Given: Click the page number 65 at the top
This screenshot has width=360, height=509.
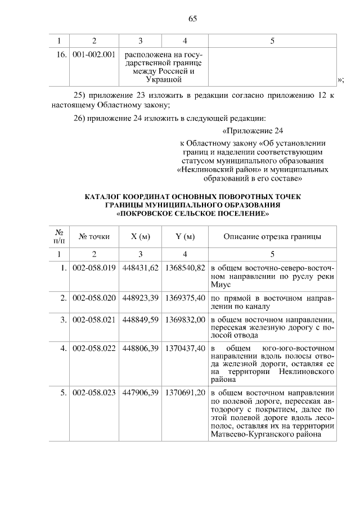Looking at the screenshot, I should (192, 19).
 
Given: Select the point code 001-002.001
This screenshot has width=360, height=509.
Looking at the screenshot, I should (94, 55).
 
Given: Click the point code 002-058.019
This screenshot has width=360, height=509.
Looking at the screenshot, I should (94, 268).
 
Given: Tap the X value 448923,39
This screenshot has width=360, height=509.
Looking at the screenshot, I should (141, 298).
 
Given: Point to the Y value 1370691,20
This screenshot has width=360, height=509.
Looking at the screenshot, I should (184, 394).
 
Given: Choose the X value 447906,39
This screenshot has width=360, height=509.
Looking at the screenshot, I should (141, 394).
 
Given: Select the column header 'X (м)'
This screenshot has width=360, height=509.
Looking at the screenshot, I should (141, 236).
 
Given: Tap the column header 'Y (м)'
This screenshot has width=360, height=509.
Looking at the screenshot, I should (184, 236).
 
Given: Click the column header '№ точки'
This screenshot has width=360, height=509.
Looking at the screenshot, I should (94, 236).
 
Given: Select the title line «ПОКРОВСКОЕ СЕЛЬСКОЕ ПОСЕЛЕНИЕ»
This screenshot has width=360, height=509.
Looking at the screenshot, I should (192, 214).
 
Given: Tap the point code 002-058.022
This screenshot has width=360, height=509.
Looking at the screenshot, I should (94, 349).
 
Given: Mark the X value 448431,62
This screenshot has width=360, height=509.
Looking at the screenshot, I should (141, 268).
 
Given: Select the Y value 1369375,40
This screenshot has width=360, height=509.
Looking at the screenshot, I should (184, 298).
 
